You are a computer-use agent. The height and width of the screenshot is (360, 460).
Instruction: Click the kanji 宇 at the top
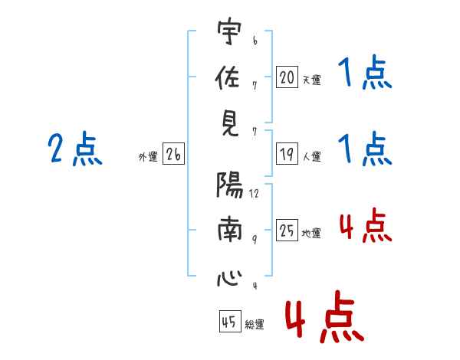click(x=229, y=31)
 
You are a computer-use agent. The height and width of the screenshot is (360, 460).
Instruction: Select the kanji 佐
click(x=228, y=77)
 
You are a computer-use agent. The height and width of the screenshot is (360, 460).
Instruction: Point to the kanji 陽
click(x=230, y=185)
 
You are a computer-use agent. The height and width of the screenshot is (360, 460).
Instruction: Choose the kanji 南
click(x=230, y=229)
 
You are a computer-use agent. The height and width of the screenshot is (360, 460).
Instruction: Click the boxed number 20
click(x=287, y=77)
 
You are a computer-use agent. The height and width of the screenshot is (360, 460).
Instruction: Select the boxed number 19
click(x=287, y=154)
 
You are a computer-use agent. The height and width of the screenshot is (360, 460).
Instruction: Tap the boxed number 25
click(x=287, y=230)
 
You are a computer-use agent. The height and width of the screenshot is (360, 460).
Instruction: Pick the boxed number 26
click(x=173, y=154)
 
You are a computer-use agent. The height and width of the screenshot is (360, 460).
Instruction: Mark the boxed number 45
click(x=230, y=322)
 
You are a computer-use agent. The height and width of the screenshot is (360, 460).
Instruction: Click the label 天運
click(x=312, y=80)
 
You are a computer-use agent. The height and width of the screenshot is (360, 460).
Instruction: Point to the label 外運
click(x=148, y=156)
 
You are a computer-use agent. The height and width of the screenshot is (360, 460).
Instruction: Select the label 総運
click(x=255, y=324)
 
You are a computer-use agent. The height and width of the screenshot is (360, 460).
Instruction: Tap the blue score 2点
click(x=75, y=148)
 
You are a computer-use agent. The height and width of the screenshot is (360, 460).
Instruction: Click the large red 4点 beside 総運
click(x=325, y=316)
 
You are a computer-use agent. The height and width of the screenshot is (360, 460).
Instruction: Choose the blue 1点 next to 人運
click(x=365, y=149)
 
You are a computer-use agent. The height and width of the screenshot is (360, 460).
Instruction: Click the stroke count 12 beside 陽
click(x=255, y=194)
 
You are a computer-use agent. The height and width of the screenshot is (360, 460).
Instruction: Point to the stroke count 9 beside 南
click(x=255, y=240)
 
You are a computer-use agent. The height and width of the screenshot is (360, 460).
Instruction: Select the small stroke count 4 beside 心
click(x=255, y=285)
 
